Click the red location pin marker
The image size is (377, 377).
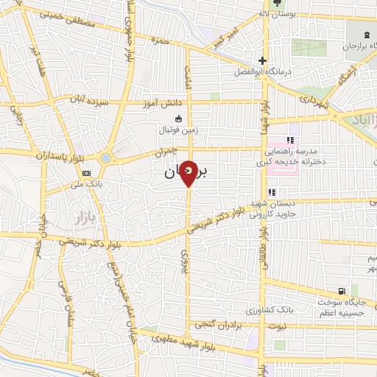click(x=188, y=172)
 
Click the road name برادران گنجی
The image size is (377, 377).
click(x=219, y=324)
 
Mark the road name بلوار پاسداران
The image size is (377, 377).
click(x=56, y=155)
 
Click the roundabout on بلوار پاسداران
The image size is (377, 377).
click(x=106, y=158)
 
